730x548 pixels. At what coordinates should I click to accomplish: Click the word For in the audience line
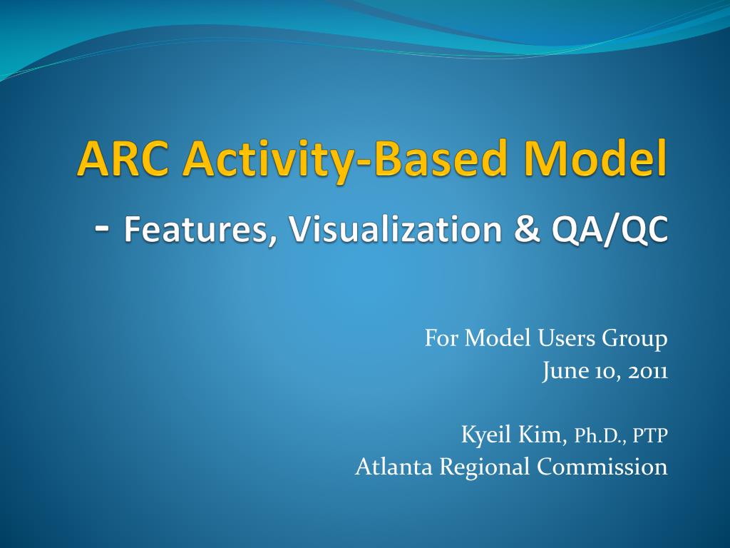tap(441, 339)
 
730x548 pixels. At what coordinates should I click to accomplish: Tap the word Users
tap(565, 339)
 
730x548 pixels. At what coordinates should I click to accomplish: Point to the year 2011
tap(647, 372)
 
